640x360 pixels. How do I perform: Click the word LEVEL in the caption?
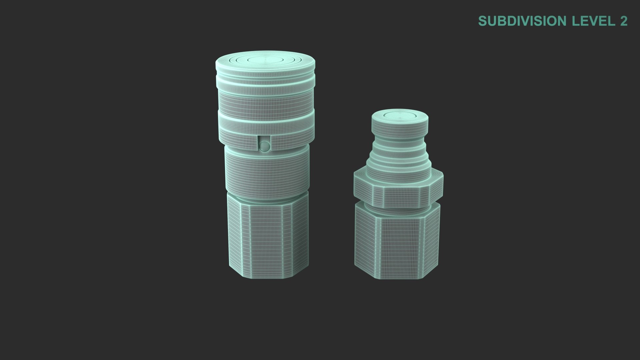coord(593,21)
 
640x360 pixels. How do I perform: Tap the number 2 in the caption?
coord(624,21)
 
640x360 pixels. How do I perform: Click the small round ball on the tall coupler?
coord(264,145)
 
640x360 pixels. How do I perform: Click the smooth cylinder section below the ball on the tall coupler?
coord(267,173)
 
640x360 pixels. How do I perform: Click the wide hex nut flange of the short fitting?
coord(398,192)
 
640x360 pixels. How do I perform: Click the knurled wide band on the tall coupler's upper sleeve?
coord(265,100)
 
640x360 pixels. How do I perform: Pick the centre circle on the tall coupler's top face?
coord(265,59)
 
